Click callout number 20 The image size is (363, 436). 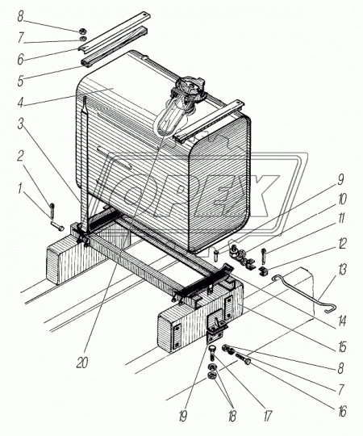(x=82, y=363)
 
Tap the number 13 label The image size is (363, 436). (x=342, y=270)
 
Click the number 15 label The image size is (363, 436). (x=342, y=346)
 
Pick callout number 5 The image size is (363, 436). (x=20, y=81)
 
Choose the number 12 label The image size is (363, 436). (x=342, y=244)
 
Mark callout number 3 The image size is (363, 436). (x=20, y=124)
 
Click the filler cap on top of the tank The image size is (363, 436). (x=190, y=87)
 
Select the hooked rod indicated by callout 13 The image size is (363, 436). (x=303, y=292)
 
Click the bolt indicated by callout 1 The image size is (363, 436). (x=57, y=225)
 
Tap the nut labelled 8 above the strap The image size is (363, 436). (x=82, y=31)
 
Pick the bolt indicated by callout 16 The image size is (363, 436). (x=243, y=359)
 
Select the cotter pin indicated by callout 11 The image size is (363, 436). (x=264, y=258)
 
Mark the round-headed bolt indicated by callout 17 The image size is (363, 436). (x=213, y=352)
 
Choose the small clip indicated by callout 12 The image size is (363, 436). (x=263, y=270)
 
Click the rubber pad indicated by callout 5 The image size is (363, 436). (x=114, y=47)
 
